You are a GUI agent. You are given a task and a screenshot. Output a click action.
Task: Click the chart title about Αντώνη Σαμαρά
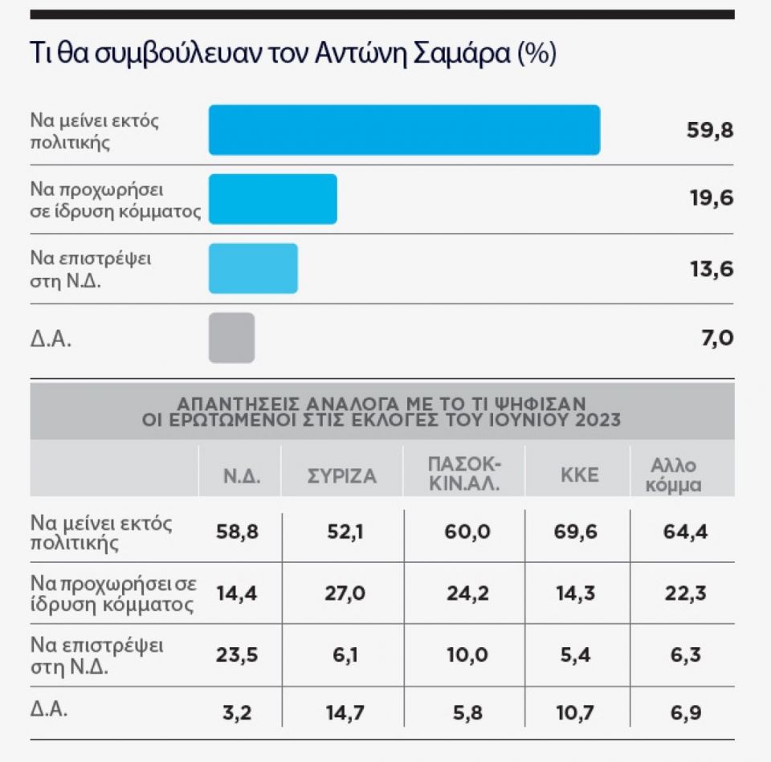[x=292, y=55]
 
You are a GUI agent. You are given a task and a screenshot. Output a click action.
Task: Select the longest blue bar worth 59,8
[x=404, y=129]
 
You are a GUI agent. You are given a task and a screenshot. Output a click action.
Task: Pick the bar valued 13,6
[x=253, y=268]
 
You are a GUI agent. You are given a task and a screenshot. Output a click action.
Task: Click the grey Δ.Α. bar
[x=231, y=337]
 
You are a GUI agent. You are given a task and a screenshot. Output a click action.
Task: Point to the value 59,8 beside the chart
[x=710, y=130]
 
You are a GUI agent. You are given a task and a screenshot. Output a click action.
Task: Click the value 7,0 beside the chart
[x=716, y=338]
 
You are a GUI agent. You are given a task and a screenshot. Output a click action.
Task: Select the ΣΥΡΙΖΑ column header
[x=342, y=475]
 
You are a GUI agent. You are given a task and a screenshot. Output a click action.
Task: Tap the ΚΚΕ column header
[x=579, y=475]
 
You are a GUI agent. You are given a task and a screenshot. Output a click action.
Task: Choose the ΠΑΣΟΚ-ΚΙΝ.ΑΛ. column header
[x=466, y=475]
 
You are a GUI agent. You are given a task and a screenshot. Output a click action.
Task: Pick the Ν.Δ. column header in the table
[x=240, y=475]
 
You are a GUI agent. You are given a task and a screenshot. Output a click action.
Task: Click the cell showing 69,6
[x=579, y=531]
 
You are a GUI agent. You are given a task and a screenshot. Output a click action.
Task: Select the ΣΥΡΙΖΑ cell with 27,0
[x=342, y=593]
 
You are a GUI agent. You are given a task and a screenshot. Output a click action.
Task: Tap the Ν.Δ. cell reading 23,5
[x=237, y=654]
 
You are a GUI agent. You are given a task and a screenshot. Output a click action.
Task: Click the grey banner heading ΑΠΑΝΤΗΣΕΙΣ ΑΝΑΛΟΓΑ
[x=381, y=410]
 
